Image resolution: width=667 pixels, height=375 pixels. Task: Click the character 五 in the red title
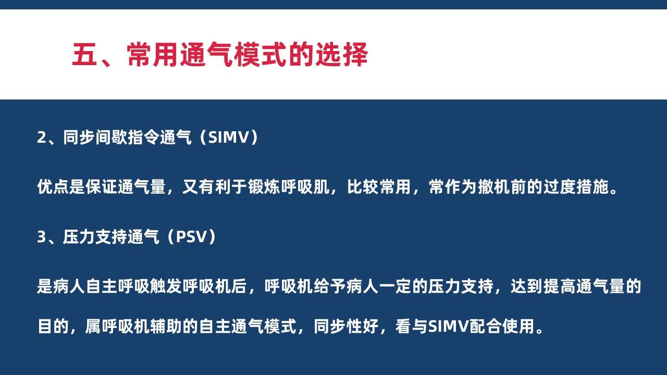tap(85, 55)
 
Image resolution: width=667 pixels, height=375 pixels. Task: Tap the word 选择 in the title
tap(341, 55)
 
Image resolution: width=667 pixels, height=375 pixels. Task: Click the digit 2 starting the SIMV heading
tap(41, 137)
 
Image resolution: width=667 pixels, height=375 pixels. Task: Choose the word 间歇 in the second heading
tap(112, 137)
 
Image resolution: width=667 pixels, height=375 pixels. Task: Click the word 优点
tap(53, 187)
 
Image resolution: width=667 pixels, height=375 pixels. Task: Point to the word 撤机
tap(494, 187)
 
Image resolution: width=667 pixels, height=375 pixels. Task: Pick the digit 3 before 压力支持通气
tap(41, 237)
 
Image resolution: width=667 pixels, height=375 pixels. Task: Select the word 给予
tap(329, 286)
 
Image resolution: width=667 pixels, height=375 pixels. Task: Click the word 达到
tap(527, 286)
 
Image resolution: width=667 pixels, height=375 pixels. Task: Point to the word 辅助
tap(166, 327)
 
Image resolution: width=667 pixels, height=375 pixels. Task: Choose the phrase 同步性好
tap(346, 327)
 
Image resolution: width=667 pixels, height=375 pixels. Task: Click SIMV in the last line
tap(449, 327)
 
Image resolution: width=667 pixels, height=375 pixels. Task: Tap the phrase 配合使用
tap(502, 327)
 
